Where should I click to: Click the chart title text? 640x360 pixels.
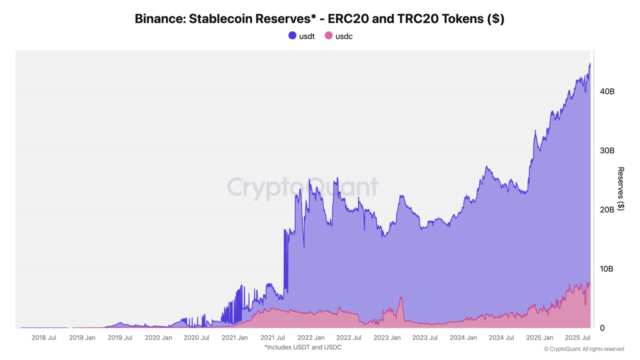(x=319, y=19)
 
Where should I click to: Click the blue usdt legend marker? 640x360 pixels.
(x=292, y=35)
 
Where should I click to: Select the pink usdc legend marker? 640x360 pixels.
(x=328, y=35)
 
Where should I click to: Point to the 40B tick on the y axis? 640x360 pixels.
(x=607, y=91)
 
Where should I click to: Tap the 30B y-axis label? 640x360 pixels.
(x=607, y=150)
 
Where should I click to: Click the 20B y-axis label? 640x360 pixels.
(x=607, y=209)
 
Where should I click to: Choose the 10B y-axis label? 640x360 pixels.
(x=606, y=269)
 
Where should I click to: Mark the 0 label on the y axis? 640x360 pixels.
(x=602, y=328)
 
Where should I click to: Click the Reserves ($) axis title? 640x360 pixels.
(x=621, y=188)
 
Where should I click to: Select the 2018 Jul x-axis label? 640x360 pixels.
(x=44, y=337)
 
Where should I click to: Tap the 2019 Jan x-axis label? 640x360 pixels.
(x=82, y=337)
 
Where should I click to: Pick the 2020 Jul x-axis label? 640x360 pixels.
(x=196, y=337)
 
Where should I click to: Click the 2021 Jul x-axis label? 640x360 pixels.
(x=272, y=337)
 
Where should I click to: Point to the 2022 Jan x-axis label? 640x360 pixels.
(x=311, y=337)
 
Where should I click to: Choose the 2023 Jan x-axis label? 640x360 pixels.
(x=387, y=337)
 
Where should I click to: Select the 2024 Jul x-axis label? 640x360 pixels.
(x=501, y=337)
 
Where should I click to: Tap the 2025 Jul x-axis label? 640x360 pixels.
(x=577, y=337)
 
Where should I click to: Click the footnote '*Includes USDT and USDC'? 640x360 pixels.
(x=303, y=347)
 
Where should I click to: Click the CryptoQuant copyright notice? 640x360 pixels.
(x=583, y=349)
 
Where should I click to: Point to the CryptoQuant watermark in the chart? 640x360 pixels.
(x=303, y=187)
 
